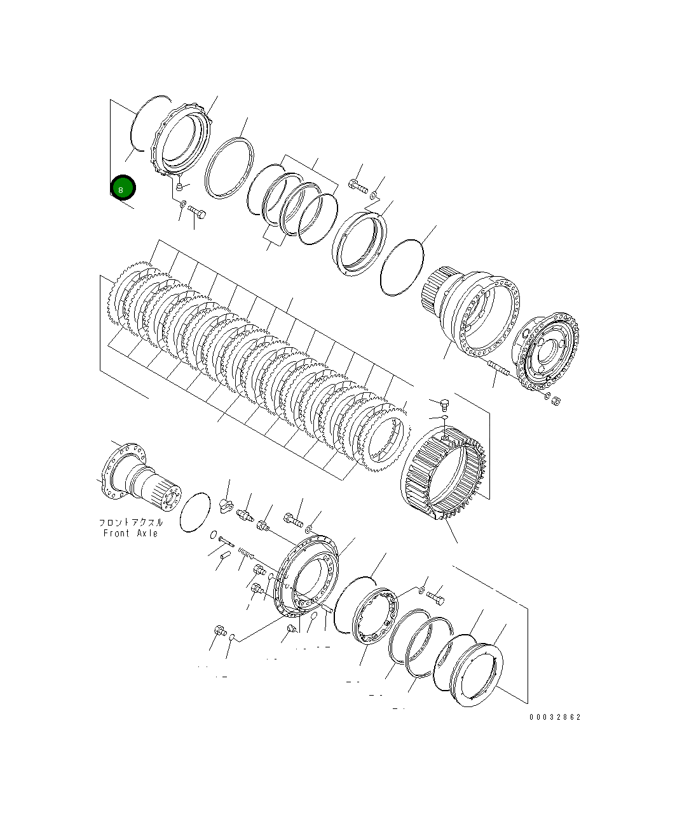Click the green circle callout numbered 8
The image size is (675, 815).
click(x=122, y=188)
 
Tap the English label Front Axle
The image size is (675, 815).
click(x=130, y=533)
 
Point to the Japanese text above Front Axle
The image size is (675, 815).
click(x=130, y=522)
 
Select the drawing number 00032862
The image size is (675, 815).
click(x=554, y=717)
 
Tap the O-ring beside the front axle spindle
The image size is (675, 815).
click(x=194, y=512)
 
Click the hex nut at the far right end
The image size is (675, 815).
click(x=556, y=401)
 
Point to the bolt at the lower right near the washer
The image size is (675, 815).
click(x=435, y=597)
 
